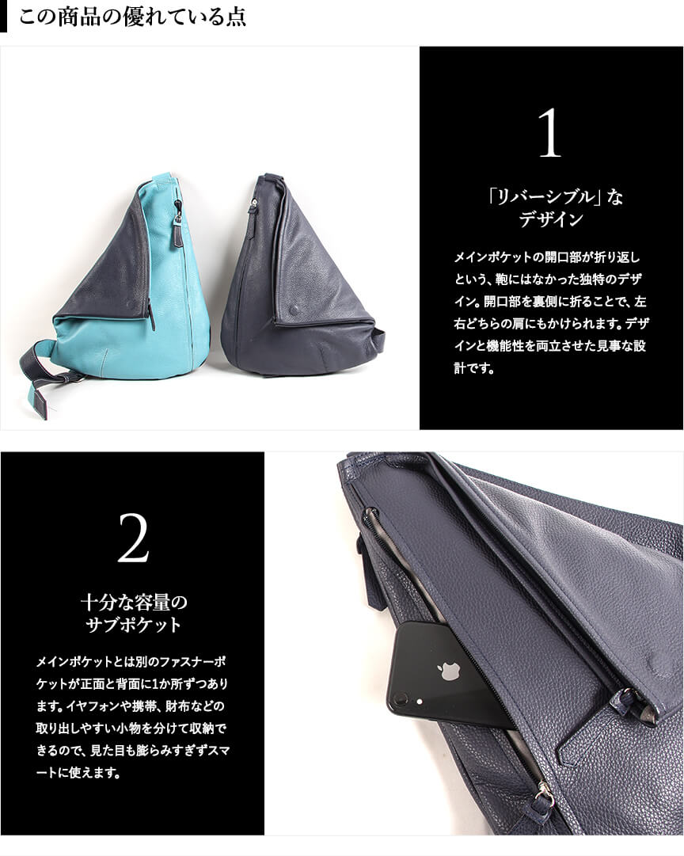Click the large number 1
[x=549, y=133]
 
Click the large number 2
[x=133, y=538]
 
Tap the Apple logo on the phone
[x=450, y=671]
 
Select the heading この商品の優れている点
[x=133, y=17]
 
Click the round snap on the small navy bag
[x=294, y=310]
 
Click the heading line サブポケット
[x=134, y=625]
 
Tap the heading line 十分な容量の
[x=134, y=602]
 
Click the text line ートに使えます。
[x=78, y=773]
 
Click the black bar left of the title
[x=3, y=17]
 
